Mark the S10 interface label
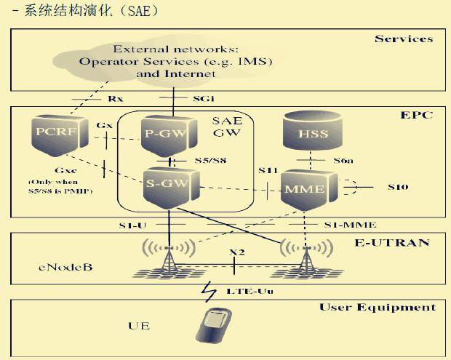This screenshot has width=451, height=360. click(397, 187)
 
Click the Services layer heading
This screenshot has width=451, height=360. click(404, 39)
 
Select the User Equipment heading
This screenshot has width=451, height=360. click(378, 307)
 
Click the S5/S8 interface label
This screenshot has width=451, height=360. click(209, 159)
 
